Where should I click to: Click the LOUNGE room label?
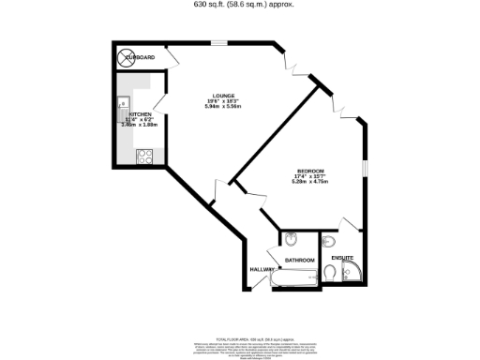[x=223, y=96]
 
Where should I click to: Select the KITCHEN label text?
[x=140, y=114]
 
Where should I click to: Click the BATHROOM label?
[x=299, y=259]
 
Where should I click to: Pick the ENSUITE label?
[x=342, y=256]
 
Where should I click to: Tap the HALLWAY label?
[x=262, y=270]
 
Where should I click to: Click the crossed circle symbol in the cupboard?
[x=125, y=58]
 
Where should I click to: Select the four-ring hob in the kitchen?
[x=146, y=157]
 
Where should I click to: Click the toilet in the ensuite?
[x=336, y=273]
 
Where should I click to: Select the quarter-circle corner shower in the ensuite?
[x=357, y=273]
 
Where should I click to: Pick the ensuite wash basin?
[x=327, y=241]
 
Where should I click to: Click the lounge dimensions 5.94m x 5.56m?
[x=223, y=106]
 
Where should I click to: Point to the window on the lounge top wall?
[x=217, y=43]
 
